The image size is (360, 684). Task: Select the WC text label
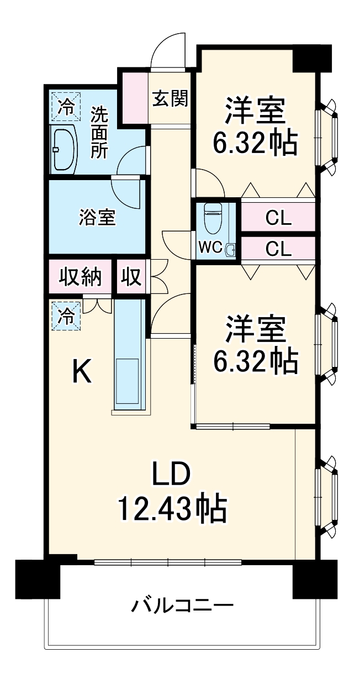[x=210, y=248]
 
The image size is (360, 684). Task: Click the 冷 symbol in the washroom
[x=65, y=106]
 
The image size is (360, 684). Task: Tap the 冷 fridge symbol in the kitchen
[x=66, y=316]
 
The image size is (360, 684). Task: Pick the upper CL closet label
[x=278, y=218]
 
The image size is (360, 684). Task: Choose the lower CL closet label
[x=278, y=249]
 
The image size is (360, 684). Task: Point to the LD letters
[x=171, y=474]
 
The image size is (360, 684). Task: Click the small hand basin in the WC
[x=230, y=250]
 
